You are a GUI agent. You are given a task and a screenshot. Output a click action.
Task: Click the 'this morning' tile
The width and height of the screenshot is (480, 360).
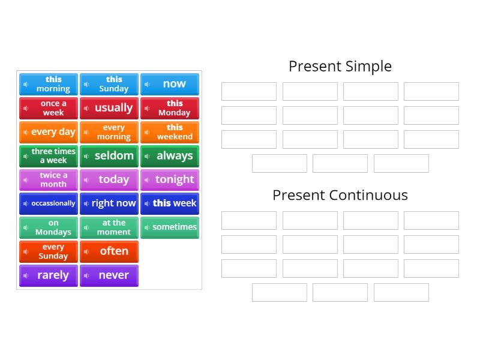click(49, 84)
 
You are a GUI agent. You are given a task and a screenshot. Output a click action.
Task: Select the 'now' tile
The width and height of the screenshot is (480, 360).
click(170, 84)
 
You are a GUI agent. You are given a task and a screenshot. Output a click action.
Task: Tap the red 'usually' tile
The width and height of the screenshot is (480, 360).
click(109, 108)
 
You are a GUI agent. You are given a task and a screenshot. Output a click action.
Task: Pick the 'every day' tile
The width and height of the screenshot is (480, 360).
click(49, 132)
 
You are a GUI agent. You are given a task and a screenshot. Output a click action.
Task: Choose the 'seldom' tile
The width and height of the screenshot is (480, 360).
click(109, 156)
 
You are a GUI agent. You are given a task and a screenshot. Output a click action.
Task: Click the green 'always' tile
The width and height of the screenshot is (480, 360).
click(170, 156)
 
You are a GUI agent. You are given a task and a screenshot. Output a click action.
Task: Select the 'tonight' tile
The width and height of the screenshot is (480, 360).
click(170, 179)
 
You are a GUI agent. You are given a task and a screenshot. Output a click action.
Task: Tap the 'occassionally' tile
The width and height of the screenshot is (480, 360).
click(49, 203)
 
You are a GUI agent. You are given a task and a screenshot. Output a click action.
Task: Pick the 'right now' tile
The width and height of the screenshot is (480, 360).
click(109, 203)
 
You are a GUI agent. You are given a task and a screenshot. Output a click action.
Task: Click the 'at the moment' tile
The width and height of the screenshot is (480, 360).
click(109, 227)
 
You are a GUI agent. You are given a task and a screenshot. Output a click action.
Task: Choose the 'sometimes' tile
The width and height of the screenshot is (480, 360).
click(170, 227)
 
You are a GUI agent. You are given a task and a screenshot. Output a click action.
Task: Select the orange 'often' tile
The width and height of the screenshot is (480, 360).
click(109, 251)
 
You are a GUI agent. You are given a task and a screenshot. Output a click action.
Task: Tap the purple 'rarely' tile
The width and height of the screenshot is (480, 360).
click(49, 275)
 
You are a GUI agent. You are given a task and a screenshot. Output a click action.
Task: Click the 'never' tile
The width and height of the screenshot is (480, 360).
click(109, 275)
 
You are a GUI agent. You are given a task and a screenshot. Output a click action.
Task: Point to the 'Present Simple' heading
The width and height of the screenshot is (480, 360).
click(340, 66)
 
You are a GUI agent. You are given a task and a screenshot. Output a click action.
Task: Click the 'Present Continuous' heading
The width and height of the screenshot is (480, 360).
click(340, 195)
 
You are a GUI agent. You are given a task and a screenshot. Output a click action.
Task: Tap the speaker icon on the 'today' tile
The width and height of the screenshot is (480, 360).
click(86, 180)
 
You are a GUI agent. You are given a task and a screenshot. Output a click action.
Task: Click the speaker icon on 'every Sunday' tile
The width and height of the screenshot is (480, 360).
click(26, 251)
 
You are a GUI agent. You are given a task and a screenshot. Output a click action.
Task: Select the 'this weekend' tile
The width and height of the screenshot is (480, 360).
click(170, 132)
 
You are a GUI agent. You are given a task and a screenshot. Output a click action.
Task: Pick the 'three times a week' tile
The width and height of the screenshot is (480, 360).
click(49, 156)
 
